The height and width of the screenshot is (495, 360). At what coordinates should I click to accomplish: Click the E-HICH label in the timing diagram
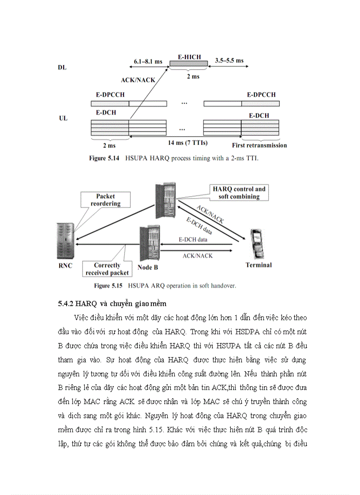click(189, 57)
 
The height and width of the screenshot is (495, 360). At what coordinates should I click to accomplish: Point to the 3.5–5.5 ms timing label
click(229, 60)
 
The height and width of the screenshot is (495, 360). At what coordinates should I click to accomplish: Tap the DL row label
click(63, 68)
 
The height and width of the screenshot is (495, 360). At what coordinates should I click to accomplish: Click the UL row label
click(63, 119)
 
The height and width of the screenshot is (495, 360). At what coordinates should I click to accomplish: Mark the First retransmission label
click(259, 145)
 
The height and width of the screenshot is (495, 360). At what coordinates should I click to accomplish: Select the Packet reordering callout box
click(105, 200)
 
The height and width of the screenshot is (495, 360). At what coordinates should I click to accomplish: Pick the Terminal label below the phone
click(259, 265)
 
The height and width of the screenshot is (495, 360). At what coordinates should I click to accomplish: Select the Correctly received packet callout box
click(107, 269)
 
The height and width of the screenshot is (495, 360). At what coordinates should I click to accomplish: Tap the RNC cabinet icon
click(65, 242)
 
